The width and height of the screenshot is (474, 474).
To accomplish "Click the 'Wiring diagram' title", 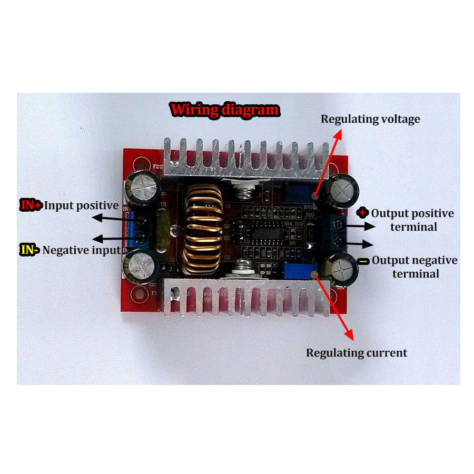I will (225, 110).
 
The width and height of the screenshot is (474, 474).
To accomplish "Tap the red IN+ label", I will (31, 205).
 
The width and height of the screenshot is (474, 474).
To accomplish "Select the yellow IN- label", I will (29, 250).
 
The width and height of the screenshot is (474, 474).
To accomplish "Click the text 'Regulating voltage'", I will (371, 119).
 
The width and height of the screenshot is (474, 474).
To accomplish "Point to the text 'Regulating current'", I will (357, 353).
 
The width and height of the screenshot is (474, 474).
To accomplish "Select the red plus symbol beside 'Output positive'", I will (363, 213).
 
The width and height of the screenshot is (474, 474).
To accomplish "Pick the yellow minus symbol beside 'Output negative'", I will (363, 261).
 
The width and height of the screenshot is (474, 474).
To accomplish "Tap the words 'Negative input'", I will (82, 250).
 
